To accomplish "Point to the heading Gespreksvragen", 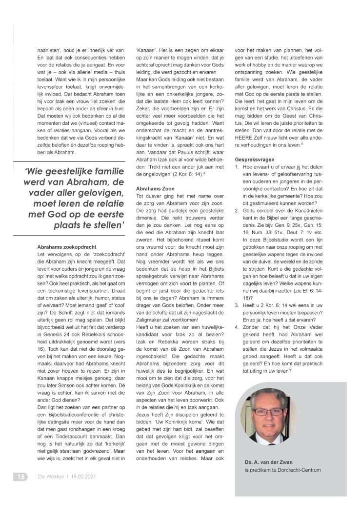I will tap(255, 160).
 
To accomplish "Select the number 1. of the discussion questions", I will tap(237, 168).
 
